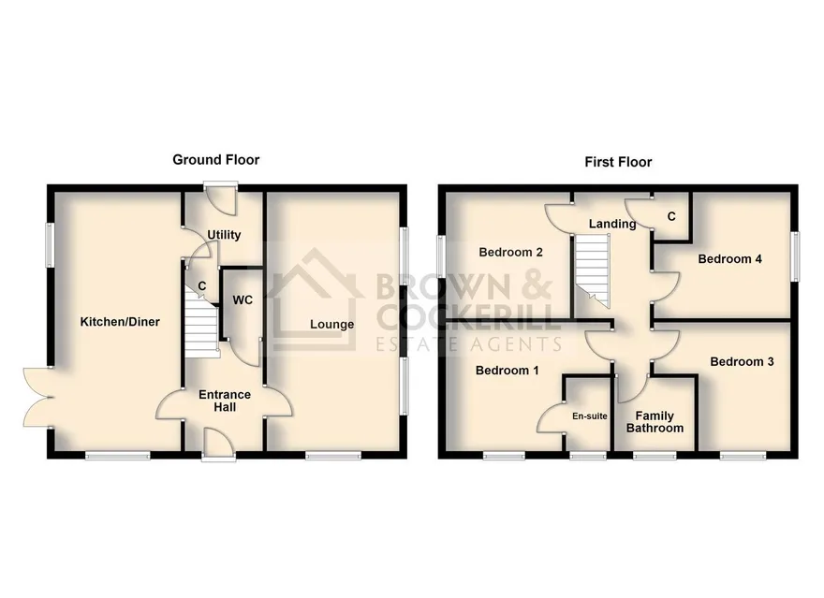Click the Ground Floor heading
click(216, 160)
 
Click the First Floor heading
click(618, 162)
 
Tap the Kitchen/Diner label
click(120, 322)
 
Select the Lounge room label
click(331, 325)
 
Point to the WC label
click(243, 300)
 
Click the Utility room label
click(224, 235)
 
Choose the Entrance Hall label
click(225, 401)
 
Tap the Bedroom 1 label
click(508, 371)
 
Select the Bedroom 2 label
click(511, 253)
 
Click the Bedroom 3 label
click(742, 362)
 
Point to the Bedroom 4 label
click(730, 259)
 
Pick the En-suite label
click(590, 416)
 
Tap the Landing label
click(612, 225)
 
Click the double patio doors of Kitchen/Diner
click(37, 397)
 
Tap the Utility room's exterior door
click(221, 198)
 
